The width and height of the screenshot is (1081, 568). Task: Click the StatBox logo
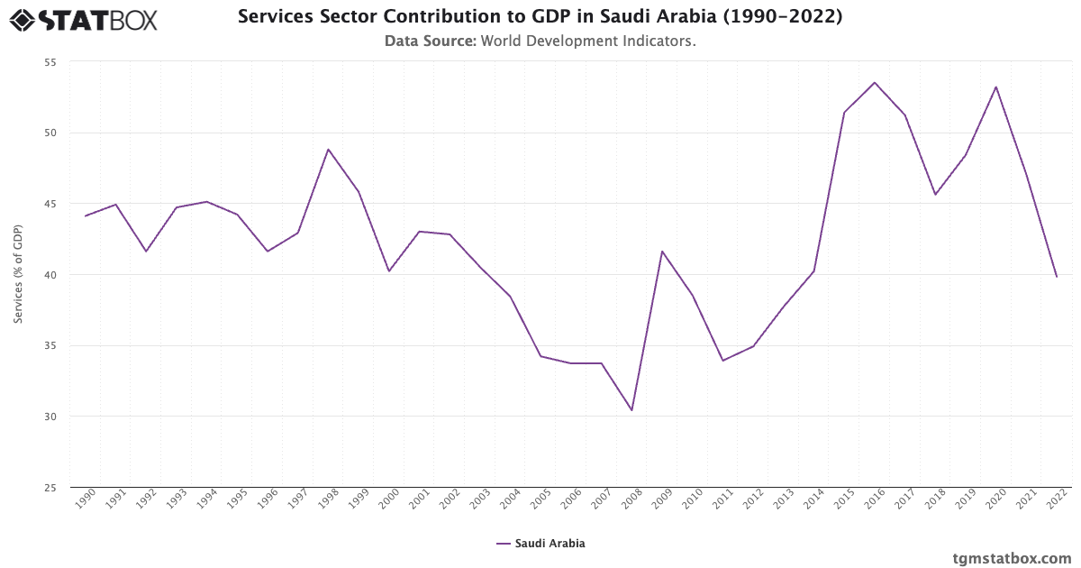tap(84, 19)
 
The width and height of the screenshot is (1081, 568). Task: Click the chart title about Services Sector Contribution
tap(540, 17)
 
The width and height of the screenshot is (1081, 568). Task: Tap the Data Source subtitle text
tap(540, 41)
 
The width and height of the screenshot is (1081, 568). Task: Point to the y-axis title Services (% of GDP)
tap(18, 275)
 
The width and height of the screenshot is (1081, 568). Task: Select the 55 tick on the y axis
tap(50, 62)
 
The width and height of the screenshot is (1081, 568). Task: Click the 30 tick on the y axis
tap(50, 417)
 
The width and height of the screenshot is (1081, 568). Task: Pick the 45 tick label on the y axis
tap(50, 204)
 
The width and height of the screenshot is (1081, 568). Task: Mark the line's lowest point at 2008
tap(631, 410)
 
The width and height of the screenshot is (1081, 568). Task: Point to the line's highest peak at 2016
tap(875, 83)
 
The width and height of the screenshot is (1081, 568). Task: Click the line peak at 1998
tap(328, 150)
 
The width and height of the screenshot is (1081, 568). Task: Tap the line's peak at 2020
tap(996, 87)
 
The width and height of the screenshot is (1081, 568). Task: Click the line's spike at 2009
tap(662, 252)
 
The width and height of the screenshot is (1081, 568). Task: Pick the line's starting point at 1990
tap(86, 215)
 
